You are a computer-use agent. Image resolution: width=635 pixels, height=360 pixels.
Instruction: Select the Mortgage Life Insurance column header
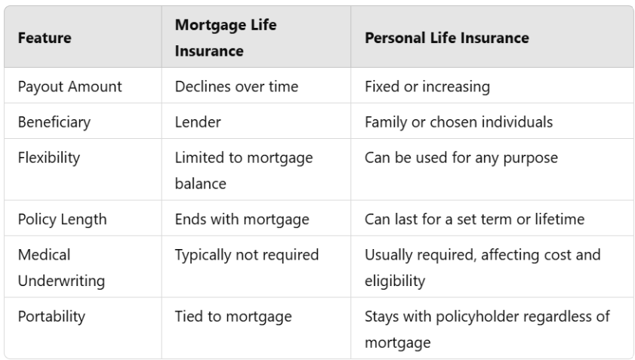coord(226,38)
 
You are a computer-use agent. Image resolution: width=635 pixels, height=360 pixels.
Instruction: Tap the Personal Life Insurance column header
coord(446,38)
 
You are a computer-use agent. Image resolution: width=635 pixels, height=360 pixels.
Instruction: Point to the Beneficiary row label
coord(54,122)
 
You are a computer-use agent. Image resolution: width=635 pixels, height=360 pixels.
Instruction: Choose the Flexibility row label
coord(48,158)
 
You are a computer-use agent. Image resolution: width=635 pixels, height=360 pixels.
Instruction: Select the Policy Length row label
coord(62,219)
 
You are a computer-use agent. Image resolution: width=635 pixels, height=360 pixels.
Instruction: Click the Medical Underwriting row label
coord(60,267)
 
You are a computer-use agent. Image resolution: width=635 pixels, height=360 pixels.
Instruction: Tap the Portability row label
coord(51,316)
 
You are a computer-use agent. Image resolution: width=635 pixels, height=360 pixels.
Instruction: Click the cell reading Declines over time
coord(236,86)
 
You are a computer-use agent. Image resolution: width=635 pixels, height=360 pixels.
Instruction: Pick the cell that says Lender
coord(198,122)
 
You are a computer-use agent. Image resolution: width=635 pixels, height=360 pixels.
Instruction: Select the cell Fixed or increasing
coord(427,86)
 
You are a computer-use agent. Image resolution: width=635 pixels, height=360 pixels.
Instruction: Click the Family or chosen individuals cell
coord(458,122)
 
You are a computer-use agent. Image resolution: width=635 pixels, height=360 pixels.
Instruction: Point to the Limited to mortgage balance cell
coord(243,170)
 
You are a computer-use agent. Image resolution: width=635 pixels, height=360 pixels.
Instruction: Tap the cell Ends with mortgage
coord(242,219)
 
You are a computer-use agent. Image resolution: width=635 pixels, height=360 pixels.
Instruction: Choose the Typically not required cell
coord(246,255)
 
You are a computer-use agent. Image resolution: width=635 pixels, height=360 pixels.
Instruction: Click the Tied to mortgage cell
coord(233,316)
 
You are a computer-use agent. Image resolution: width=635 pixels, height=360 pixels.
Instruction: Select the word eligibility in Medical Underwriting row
coord(395,281)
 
